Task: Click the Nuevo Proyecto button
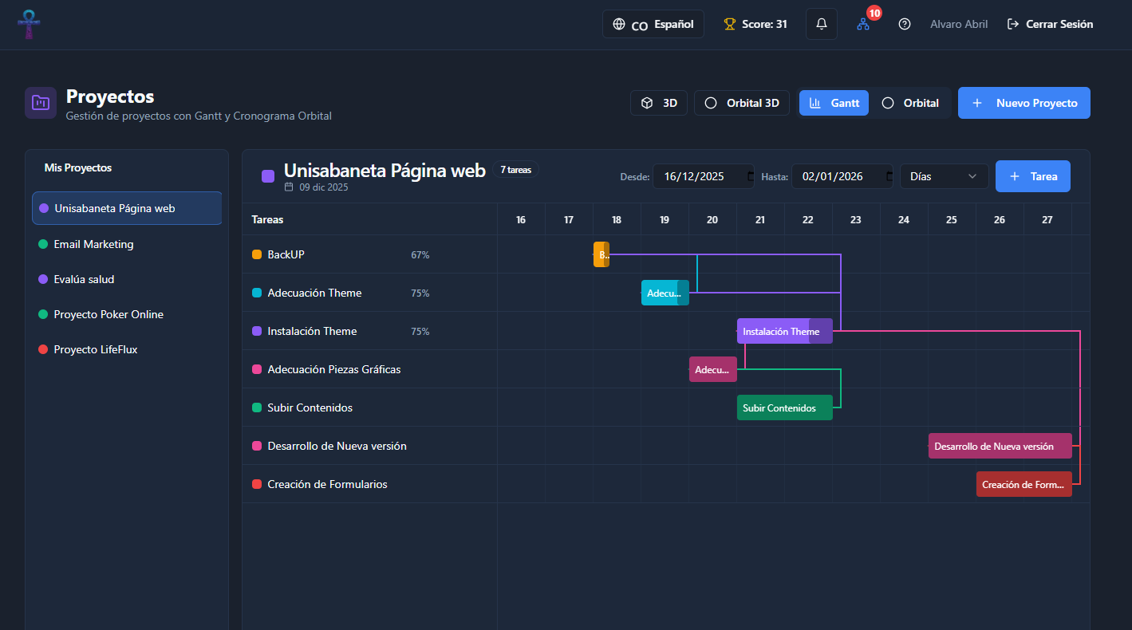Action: [1024, 103]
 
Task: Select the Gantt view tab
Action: [834, 103]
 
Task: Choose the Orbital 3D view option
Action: [741, 103]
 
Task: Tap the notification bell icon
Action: [821, 24]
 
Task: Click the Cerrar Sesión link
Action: [1050, 24]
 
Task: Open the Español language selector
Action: [653, 24]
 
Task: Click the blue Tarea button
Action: [1032, 176]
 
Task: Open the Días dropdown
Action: [944, 176]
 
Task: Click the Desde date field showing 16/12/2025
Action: [704, 176]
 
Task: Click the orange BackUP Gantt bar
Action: [601, 254]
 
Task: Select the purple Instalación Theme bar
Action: [784, 332]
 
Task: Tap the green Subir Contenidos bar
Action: [784, 408]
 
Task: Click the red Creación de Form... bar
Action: [1024, 485]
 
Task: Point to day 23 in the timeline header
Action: [855, 220]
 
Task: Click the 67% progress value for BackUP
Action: [420, 255]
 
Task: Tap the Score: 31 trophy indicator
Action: [755, 24]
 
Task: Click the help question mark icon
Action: [904, 24]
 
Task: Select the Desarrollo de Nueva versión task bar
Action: [1000, 446]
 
